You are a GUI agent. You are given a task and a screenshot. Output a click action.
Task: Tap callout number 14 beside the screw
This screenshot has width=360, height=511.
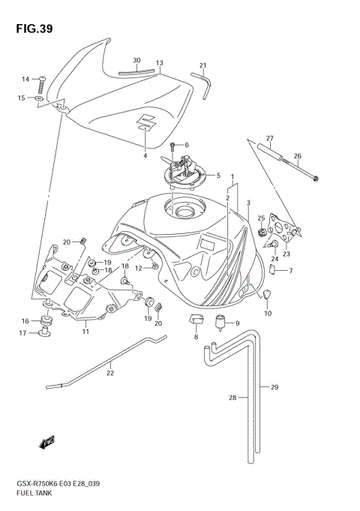point(25,79)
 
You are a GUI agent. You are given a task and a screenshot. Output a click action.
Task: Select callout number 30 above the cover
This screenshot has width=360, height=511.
point(136,60)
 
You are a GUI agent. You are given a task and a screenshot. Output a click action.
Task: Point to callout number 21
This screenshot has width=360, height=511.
point(202,65)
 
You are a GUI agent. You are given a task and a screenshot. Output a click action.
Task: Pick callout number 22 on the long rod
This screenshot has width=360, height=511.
point(109,373)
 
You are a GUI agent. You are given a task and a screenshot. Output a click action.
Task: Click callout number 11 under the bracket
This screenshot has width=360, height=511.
point(86,331)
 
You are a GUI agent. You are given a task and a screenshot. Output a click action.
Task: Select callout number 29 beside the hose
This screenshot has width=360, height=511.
point(274,387)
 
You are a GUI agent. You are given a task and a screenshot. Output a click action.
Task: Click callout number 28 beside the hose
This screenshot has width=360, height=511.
point(232,397)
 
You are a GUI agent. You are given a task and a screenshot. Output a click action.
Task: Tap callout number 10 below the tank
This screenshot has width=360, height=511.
point(268,313)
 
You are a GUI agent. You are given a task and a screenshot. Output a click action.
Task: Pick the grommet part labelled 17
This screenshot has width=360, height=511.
point(45,331)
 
